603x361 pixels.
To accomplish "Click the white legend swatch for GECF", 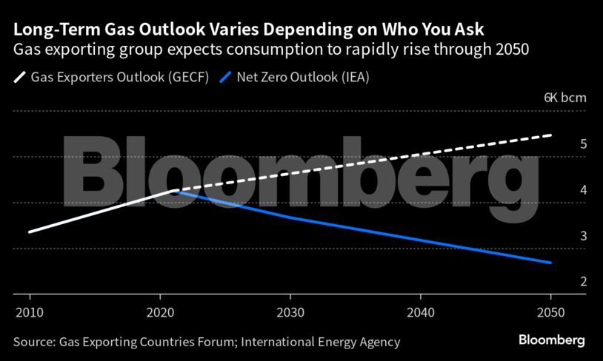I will pos(20,76).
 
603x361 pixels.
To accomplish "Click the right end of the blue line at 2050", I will pos(550,263).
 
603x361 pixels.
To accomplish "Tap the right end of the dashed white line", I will pos(550,135).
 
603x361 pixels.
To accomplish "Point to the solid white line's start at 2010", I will pos(30,232).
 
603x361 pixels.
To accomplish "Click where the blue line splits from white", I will pos(176,191).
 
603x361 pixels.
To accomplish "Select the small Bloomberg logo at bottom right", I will pos(551,340).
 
